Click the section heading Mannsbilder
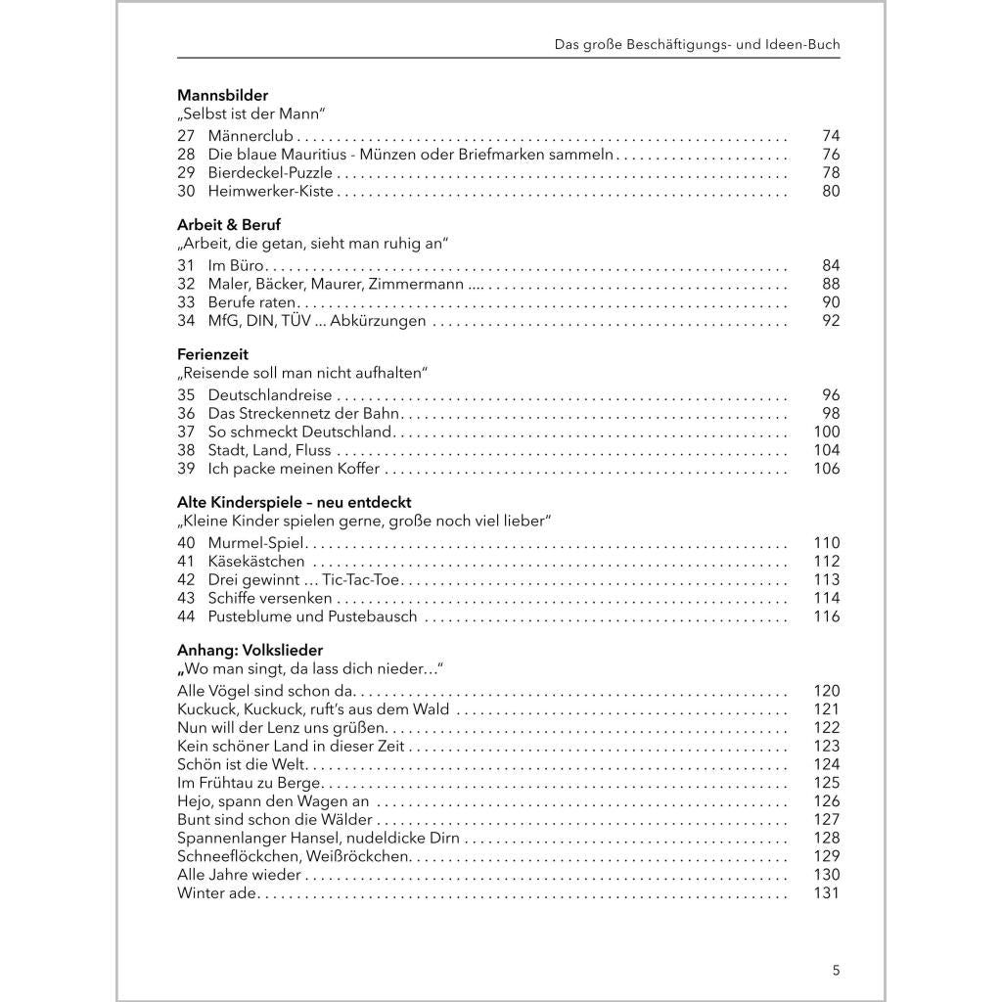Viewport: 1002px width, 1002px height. [x=222, y=95]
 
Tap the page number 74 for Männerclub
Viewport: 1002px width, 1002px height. [x=831, y=136]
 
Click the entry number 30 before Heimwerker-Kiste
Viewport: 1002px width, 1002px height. [x=186, y=192]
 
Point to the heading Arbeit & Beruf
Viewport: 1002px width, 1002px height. [x=229, y=224]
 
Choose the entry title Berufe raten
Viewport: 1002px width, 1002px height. [x=251, y=302]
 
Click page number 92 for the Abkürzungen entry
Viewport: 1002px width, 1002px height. [x=831, y=321]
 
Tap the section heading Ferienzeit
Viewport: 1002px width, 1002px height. [x=212, y=354]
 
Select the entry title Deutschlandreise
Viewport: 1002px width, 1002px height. [x=270, y=395]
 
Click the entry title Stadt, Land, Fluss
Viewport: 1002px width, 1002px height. [x=269, y=450]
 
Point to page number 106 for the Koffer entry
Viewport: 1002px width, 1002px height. [x=827, y=469]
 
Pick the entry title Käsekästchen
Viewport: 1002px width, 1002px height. [x=256, y=562]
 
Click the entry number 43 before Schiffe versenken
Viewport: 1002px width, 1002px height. [x=186, y=598]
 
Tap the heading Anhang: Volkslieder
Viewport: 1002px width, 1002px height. [x=250, y=650]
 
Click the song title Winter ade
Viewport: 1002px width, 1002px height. [x=216, y=892]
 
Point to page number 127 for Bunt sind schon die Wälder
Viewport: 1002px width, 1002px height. [x=827, y=819]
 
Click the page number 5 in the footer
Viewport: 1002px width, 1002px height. [x=836, y=971]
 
